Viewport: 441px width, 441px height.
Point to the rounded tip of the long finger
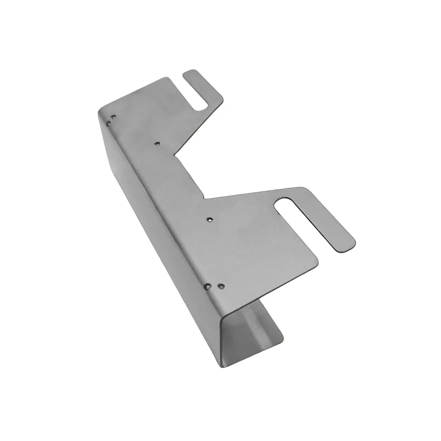coord(348,245)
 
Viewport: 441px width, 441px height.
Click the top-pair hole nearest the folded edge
coord(109,119)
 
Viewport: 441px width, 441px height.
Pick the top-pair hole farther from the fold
coord(114,117)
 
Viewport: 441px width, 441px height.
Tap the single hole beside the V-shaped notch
coord(157,143)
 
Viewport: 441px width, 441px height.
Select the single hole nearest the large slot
coord(210,218)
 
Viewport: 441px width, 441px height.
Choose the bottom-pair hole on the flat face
coord(221,286)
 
